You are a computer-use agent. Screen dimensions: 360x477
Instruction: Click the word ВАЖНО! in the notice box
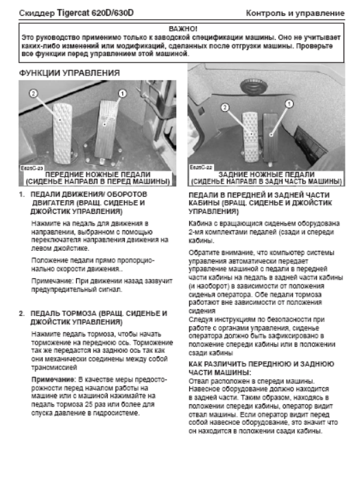pyautogui.click(x=183, y=29)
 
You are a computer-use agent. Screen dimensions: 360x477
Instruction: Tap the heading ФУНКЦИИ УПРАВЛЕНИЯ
pyautogui.click(x=69, y=73)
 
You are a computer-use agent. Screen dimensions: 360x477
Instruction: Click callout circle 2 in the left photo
pyautogui.click(x=34, y=93)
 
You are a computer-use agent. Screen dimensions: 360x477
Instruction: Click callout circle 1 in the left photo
pyautogui.click(x=122, y=93)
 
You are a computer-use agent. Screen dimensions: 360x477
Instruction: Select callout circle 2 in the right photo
pyautogui.click(x=225, y=107)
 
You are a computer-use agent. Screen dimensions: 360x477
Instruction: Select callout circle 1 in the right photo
pyautogui.click(x=289, y=103)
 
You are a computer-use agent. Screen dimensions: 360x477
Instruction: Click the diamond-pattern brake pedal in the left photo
pyautogui.click(x=62, y=132)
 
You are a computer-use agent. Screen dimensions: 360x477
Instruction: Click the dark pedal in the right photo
pyautogui.click(x=270, y=137)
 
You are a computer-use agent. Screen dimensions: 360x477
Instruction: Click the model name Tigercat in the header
pyautogui.click(x=73, y=13)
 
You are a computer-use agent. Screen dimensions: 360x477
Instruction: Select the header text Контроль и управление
pyautogui.click(x=295, y=13)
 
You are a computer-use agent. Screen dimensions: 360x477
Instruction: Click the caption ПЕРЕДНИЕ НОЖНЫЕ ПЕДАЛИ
pyautogui.click(x=97, y=175)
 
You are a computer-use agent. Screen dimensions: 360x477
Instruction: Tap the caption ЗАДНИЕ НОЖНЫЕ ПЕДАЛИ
pyautogui.click(x=267, y=175)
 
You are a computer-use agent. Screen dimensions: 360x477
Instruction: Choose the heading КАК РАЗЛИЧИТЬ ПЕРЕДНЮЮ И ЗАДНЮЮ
pyautogui.click(x=261, y=364)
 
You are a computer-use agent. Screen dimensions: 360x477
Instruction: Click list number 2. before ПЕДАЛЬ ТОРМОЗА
pyautogui.click(x=22, y=313)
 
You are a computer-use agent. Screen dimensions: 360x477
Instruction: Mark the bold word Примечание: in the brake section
pyautogui.click(x=54, y=380)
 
